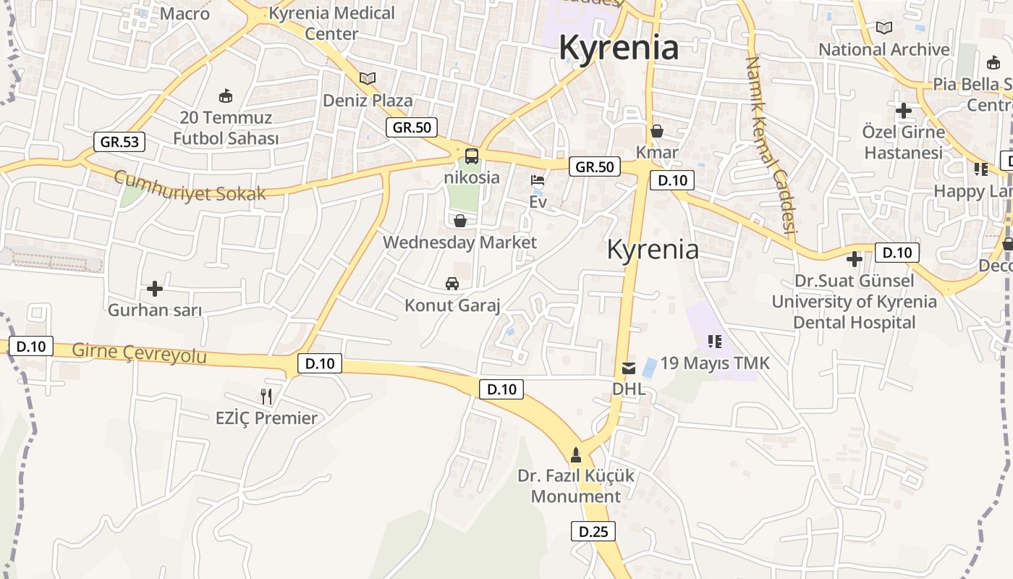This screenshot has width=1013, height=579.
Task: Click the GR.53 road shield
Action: pyautogui.click(x=119, y=142)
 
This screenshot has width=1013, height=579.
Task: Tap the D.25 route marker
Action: pyautogui.click(x=593, y=531)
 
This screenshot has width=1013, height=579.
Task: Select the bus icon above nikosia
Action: pyautogui.click(x=471, y=156)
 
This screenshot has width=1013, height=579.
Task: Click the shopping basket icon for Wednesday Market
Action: pyautogui.click(x=459, y=221)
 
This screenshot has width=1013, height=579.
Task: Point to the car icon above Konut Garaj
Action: pyautogui.click(x=452, y=284)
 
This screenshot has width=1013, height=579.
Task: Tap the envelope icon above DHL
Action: pyautogui.click(x=629, y=368)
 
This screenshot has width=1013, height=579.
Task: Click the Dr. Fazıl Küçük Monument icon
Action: pyautogui.click(x=576, y=455)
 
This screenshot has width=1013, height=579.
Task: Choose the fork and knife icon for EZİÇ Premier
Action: pyautogui.click(x=266, y=396)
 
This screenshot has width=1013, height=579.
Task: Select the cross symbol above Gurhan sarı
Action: pyautogui.click(x=154, y=289)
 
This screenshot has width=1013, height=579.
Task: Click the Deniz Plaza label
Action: pyautogui.click(x=368, y=101)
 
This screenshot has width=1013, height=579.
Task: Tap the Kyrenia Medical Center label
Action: pyautogui.click(x=332, y=23)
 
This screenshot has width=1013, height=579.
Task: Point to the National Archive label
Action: pyautogui.click(x=883, y=49)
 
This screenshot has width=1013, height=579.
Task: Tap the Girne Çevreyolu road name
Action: pyautogui.click(x=139, y=353)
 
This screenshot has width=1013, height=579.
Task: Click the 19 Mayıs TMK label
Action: pyautogui.click(x=715, y=363)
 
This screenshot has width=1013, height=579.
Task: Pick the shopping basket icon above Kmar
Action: pyautogui.click(x=657, y=131)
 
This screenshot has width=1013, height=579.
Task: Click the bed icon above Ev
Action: pyautogui.click(x=538, y=180)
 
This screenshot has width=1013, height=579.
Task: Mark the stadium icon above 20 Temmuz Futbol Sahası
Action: pyautogui.click(x=226, y=96)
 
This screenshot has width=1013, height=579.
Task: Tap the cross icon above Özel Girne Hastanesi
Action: pyautogui.click(x=903, y=111)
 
